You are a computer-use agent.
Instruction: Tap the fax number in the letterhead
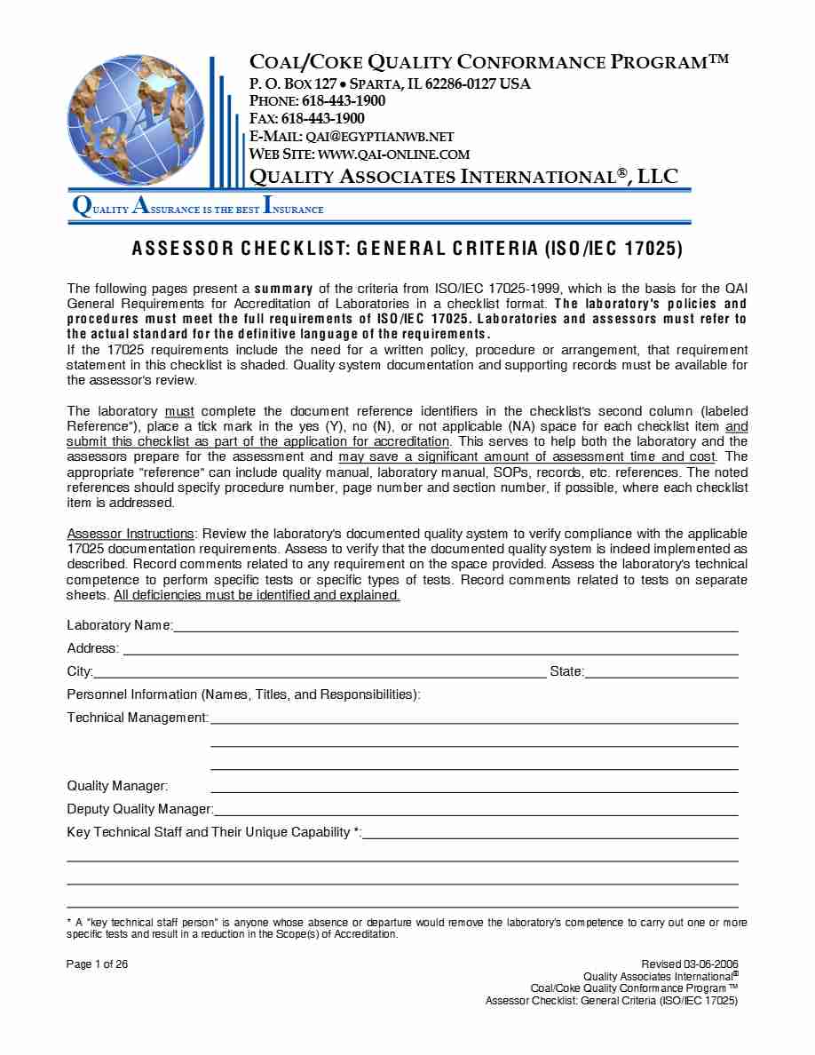pyautogui.click(x=322, y=118)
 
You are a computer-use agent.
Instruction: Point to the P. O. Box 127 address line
pyautogui.click(x=390, y=83)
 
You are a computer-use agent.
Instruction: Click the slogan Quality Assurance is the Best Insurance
pyautogui.click(x=198, y=209)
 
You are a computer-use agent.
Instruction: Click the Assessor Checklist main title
pyautogui.click(x=407, y=249)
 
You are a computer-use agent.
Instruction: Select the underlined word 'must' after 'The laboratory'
pyautogui.click(x=180, y=411)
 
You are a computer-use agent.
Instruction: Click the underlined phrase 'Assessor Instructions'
pyautogui.click(x=131, y=534)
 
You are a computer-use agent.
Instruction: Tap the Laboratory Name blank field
pyautogui.click(x=455, y=626)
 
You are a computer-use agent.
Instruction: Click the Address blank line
pyautogui.click(x=431, y=649)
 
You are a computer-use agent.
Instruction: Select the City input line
pyautogui.click(x=320, y=672)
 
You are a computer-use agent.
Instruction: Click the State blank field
pyautogui.click(x=661, y=672)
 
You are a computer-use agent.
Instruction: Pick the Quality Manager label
pyautogui.click(x=117, y=786)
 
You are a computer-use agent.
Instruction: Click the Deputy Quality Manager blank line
pyautogui.click(x=477, y=809)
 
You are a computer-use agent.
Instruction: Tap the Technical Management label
pyautogui.click(x=138, y=718)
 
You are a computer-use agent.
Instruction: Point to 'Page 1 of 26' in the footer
pyautogui.click(x=98, y=964)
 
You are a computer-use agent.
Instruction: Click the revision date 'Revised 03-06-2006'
pyautogui.click(x=689, y=964)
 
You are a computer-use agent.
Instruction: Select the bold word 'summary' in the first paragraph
pyautogui.click(x=283, y=289)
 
